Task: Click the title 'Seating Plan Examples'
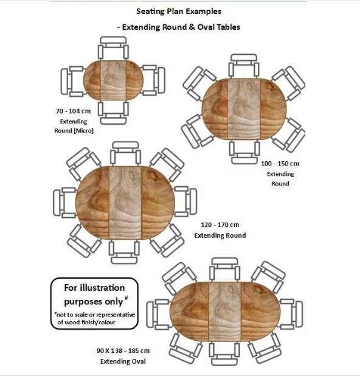coord(179,12)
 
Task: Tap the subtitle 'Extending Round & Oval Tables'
coord(181,27)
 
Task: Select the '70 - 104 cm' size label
coord(74,111)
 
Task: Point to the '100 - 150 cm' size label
coord(280,164)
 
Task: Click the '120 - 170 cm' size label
coord(220,225)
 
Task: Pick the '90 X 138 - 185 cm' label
coord(123,350)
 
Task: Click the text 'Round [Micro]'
coord(74,130)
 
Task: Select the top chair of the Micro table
coord(113,48)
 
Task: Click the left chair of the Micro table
coord(72,82)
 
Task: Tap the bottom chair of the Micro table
coord(113,113)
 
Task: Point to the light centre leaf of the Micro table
coord(113,80)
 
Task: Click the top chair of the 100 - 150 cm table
coord(244,66)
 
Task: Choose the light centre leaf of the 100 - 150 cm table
coord(244,109)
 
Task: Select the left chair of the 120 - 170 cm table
coord(64,203)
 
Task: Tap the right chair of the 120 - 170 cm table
coord(185,201)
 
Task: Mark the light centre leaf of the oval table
coord(225,312)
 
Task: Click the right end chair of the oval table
coord(291,314)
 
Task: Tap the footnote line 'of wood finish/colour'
coord(86,322)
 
